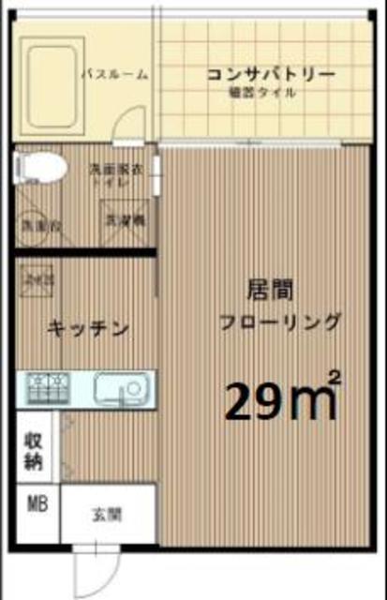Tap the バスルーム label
(x=115, y=75)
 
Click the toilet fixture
(x=39, y=170)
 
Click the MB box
(x=37, y=506)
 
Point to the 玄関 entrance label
(x=105, y=514)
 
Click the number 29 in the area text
(x=250, y=401)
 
